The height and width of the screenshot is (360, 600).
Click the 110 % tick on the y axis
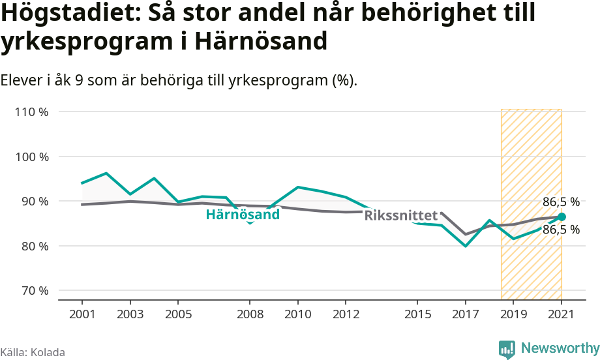(31, 112)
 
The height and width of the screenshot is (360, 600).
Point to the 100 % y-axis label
(31, 157)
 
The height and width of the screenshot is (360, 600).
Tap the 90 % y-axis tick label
(34, 202)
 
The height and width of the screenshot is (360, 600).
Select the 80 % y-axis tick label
(34, 247)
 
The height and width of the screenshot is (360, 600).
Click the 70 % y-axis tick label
(34, 291)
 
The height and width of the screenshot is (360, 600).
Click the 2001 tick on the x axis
(82, 314)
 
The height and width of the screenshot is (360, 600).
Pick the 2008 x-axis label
(250, 314)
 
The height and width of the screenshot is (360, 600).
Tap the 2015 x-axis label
(417, 314)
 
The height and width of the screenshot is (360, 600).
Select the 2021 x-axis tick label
(561, 314)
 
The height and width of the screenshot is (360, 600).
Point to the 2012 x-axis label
(346, 314)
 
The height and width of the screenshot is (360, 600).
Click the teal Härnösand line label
(243, 215)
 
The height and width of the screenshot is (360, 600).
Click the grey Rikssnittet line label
(400, 215)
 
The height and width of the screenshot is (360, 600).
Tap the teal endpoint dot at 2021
(562, 217)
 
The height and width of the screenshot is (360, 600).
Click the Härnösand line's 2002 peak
(106, 173)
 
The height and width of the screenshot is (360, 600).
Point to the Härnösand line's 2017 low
(466, 246)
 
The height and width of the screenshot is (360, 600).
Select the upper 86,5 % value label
(561, 202)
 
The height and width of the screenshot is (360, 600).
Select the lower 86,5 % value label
(561, 230)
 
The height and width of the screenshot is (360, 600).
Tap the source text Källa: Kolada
(33, 352)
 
